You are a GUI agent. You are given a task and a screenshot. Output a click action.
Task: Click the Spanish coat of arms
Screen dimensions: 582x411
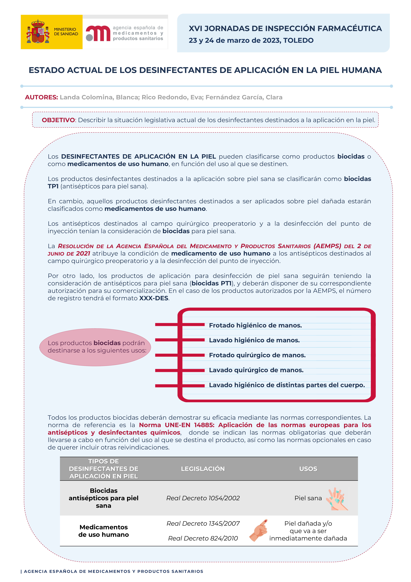coord(38,32)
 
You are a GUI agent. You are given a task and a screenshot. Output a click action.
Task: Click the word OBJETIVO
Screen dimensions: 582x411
coord(58,120)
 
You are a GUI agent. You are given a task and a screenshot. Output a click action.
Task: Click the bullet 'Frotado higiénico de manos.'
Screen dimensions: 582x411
coord(255,325)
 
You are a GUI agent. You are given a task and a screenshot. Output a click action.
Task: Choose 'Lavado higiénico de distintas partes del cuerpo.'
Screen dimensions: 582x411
coord(287,385)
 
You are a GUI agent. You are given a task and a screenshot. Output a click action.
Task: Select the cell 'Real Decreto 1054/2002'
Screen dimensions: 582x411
coord(203,498)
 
